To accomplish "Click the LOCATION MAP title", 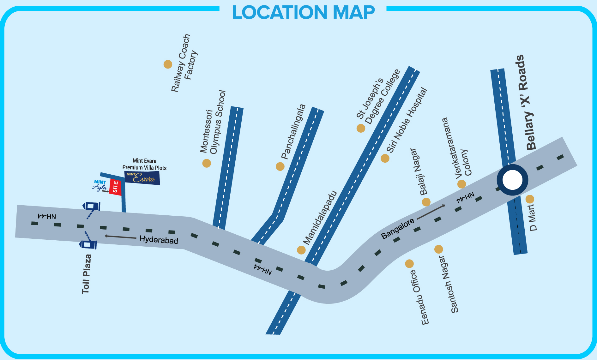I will (x=303, y=13).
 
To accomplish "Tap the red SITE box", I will (x=115, y=187).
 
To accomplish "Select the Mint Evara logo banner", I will (x=142, y=178).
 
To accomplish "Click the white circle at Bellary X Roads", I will (x=512, y=180).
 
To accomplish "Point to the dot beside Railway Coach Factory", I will (x=168, y=64).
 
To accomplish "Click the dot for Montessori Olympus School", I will (x=207, y=163).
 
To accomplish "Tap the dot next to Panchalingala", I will (x=280, y=166).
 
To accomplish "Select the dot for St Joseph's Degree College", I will (x=361, y=128).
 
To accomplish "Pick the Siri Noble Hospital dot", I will (x=385, y=158).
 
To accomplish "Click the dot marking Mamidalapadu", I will (x=301, y=250).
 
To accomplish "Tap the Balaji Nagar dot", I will (x=426, y=202).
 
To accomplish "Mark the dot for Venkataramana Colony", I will (x=461, y=184).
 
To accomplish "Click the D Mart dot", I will (x=530, y=199).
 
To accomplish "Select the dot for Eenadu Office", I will (x=409, y=264).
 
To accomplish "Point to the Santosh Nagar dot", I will (x=438, y=249).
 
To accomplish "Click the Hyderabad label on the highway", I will (x=159, y=240).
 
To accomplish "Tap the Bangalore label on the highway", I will (x=398, y=228).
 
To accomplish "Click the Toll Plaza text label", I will (x=86, y=274).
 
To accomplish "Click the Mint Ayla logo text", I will (x=100, y=186).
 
